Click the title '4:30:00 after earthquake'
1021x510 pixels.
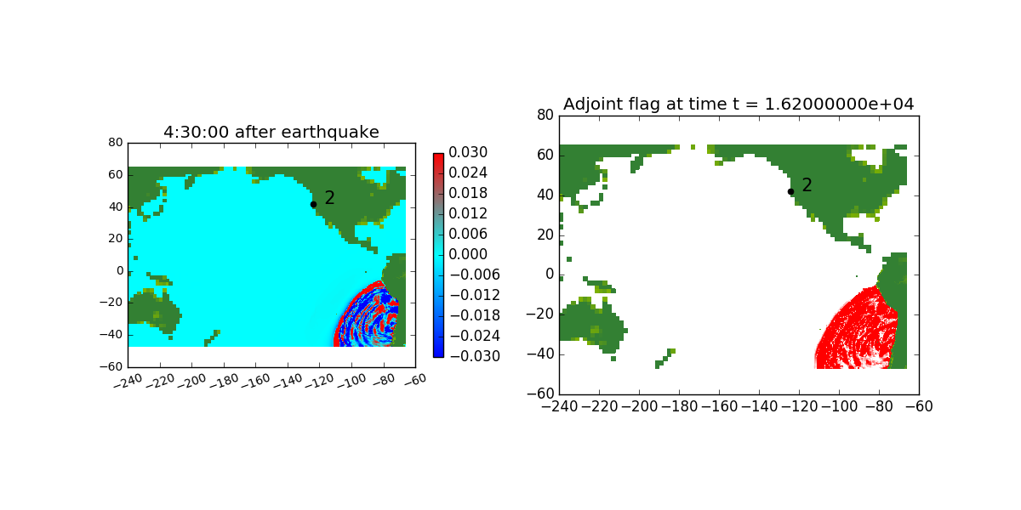pos(271,132)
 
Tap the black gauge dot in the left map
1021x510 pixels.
pos(314,205)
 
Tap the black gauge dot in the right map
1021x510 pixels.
pos(790,192)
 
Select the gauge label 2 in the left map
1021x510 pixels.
pos(329,197)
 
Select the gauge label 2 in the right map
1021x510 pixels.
pos(807,185)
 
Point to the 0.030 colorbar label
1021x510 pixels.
pos(468,152)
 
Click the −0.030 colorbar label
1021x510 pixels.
pos(475,356)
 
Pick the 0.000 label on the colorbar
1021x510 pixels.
pos(468,254)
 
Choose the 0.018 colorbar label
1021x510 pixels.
pos(468,193)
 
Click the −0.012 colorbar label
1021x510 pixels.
pos(475,295)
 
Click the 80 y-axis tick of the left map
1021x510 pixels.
pos(116,143)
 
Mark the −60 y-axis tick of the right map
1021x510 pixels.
pos(540,394)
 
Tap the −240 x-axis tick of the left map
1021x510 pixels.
pos(128,381)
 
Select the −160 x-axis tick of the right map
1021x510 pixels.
pos(719,406)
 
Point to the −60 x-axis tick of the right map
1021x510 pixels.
pos(919,406)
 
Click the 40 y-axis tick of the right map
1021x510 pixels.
pos(545,195)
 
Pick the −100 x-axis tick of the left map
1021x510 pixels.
pos(352,381)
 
